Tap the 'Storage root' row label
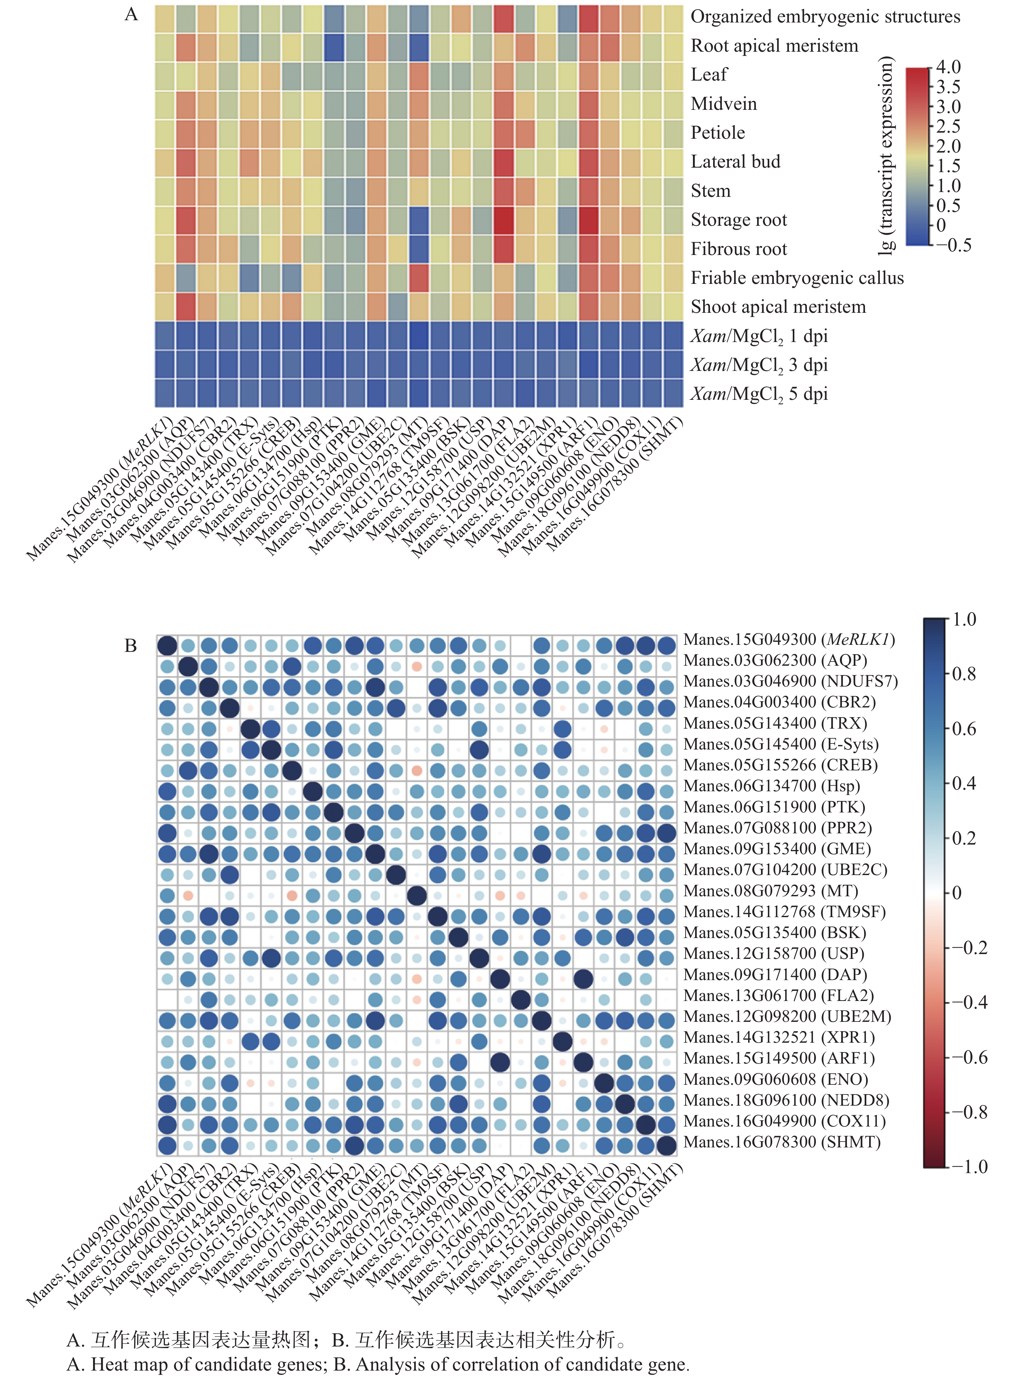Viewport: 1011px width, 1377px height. pos(739,220)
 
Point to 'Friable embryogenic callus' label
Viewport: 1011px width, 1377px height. pos(797,278)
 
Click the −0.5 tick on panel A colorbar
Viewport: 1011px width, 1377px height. pos(953,245)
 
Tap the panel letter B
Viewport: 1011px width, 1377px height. pos(130,646)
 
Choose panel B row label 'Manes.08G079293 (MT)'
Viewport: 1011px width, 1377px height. pos(771,891)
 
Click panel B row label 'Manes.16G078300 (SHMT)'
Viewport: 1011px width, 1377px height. pos(782,1142)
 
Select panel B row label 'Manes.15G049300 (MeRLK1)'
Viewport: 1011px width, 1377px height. pos(789,640)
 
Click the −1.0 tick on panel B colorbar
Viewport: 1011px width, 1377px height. pos(969,1166)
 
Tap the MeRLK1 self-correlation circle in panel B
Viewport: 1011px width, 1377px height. pos(167,646)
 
